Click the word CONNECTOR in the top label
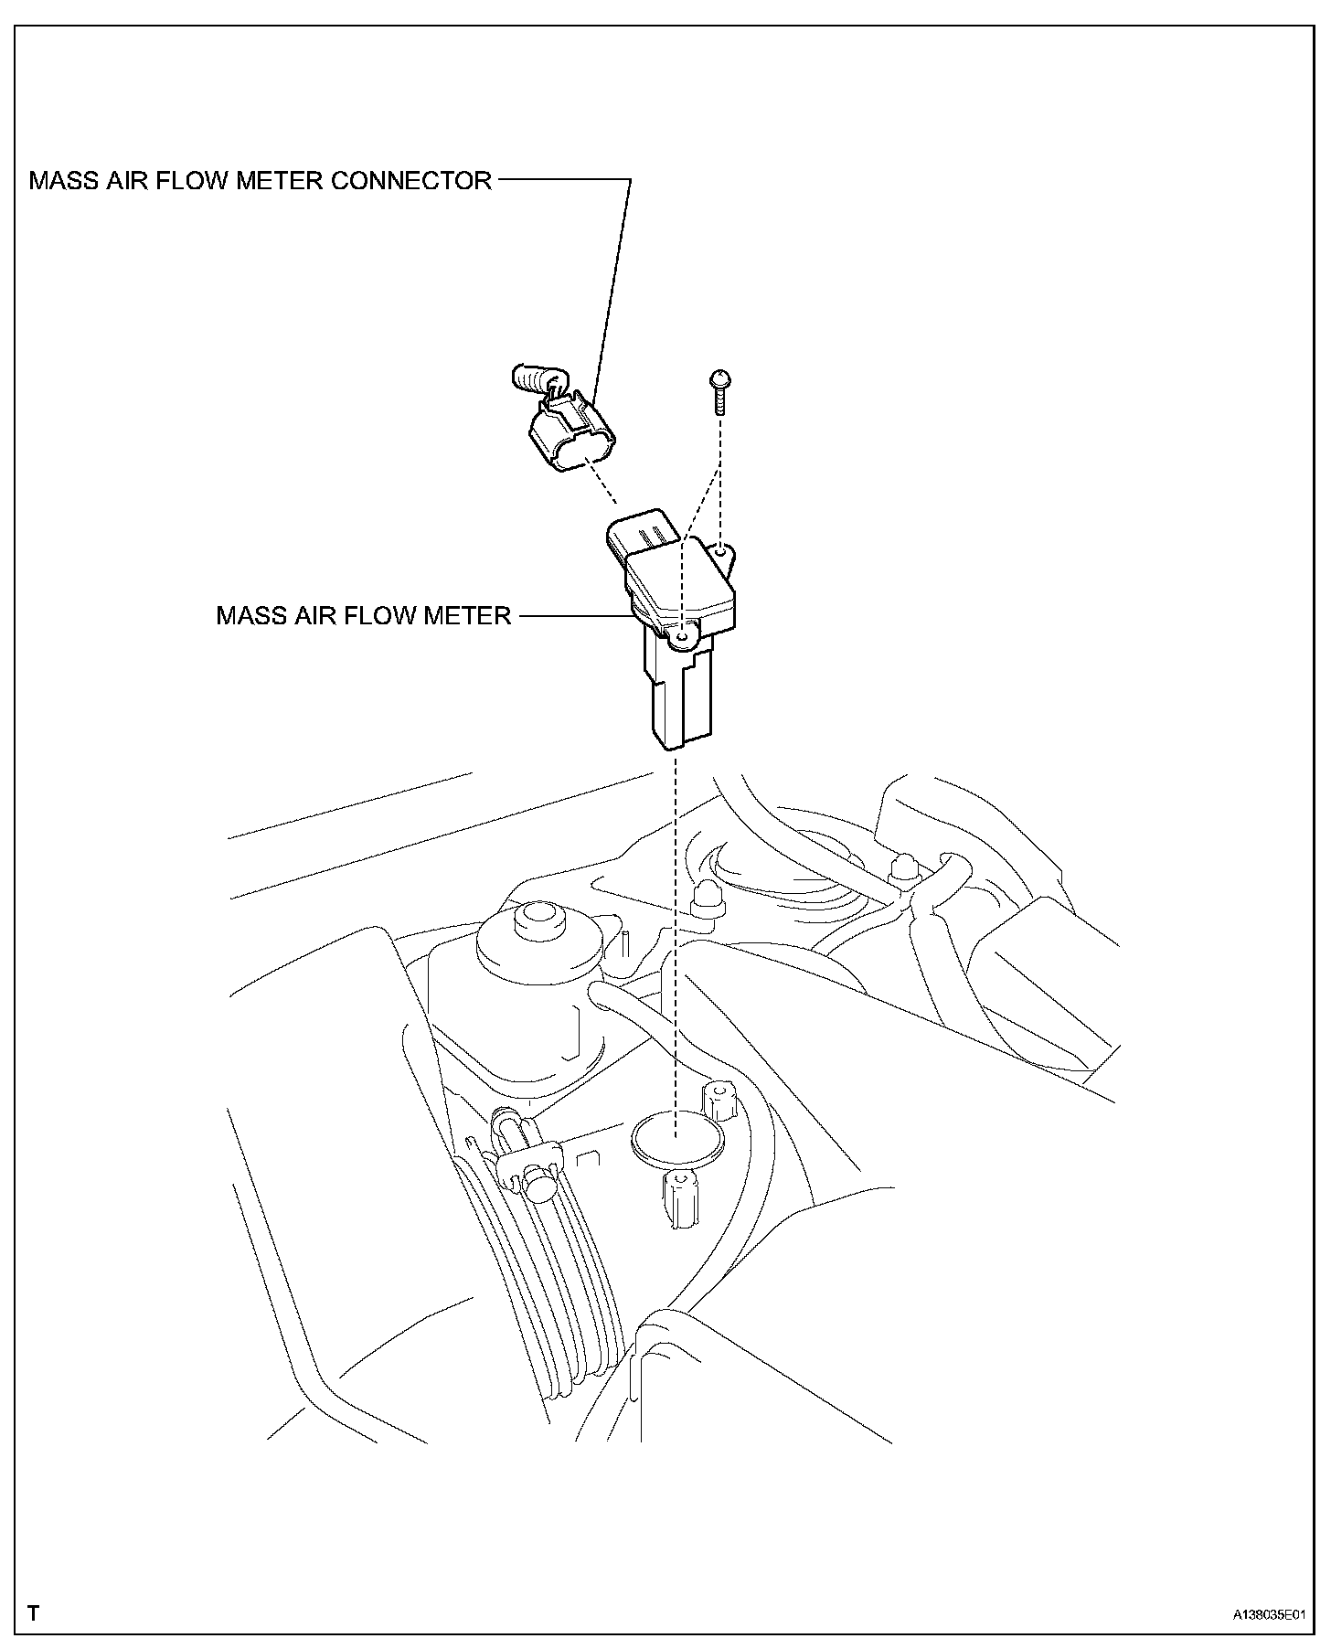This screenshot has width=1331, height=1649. click(410, 180)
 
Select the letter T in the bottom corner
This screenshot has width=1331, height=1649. click(34, 1612)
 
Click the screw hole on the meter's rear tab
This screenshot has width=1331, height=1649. click(722, 551)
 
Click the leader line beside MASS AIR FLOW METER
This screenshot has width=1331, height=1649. click(576, 615)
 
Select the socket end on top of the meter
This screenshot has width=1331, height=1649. click(644, 531)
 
